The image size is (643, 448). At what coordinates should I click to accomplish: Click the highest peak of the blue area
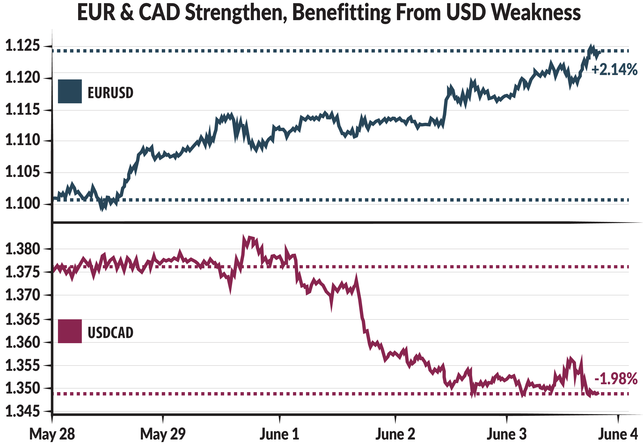click(591, 45)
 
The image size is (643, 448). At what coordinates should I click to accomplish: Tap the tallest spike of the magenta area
click(243, 235)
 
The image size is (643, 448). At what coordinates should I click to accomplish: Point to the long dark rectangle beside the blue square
click(266, 98)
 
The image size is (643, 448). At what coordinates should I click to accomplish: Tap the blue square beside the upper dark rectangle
click(73, 95)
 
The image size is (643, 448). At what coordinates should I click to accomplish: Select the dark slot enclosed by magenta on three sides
click(224, 334)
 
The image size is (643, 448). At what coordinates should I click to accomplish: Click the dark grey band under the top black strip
click(322, 13)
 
